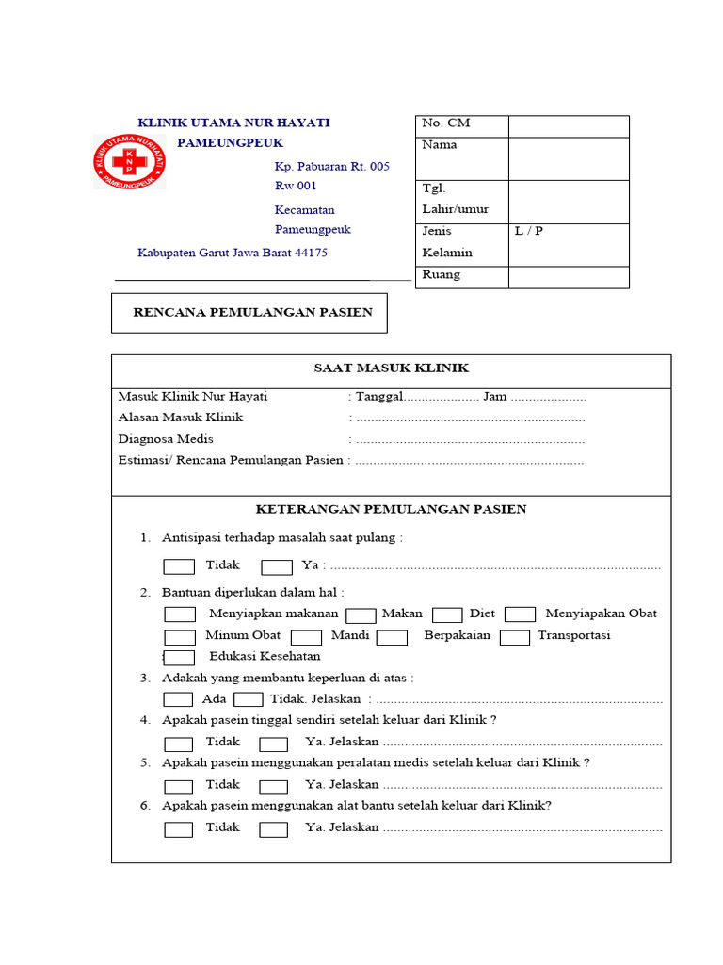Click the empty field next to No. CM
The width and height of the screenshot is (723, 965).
tap(568, 126)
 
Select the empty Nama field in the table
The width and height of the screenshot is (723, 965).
tap(568, 158)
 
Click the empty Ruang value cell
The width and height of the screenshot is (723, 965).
tap(568, 277)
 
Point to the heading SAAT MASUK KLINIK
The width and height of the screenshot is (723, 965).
tap(391, 368)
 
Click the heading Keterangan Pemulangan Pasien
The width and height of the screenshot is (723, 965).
tap(391, 509)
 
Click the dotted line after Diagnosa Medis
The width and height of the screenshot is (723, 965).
tap(471, 440)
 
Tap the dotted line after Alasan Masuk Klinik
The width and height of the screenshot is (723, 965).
tap(471, 418)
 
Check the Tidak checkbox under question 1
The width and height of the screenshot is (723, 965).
tap(179, 566)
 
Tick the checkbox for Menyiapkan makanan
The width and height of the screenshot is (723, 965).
tap(179, 614)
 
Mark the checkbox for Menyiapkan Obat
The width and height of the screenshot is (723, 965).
tap(520, 614)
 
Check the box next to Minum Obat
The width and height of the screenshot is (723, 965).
tap(179, 637)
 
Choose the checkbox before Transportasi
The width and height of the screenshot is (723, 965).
tap(514, 637)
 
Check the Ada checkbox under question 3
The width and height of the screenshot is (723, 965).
tap(178, 699)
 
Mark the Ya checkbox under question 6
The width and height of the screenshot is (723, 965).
tap(273, 829)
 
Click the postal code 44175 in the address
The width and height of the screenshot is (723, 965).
tap(311, 253)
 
